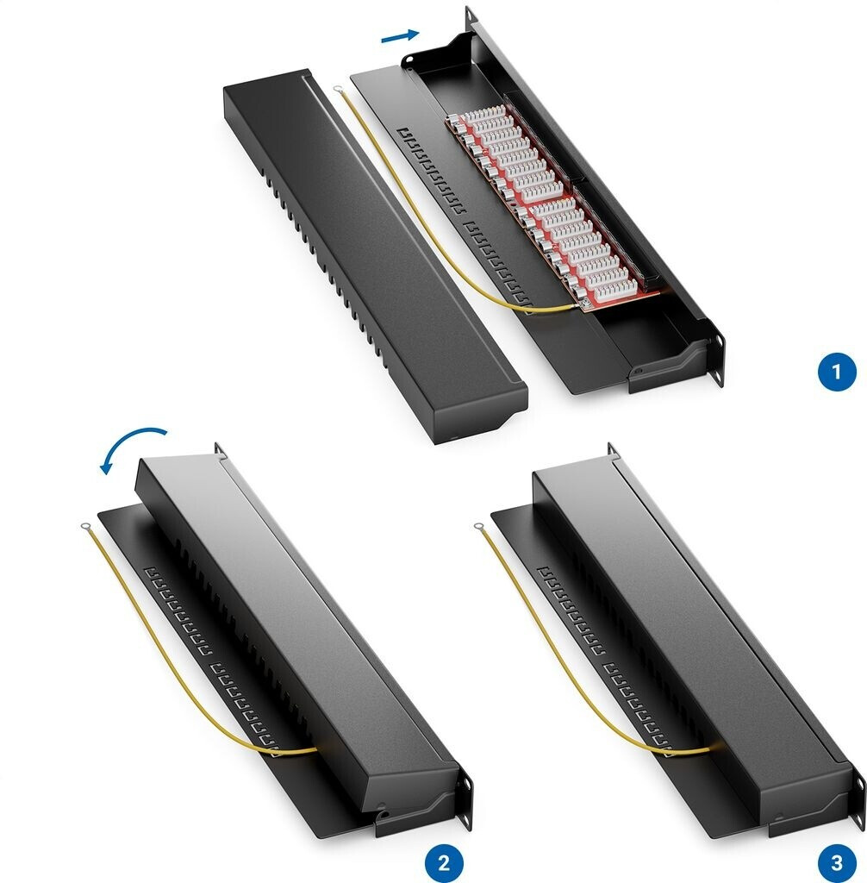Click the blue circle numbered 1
(836, 372)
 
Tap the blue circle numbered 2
(444, 862)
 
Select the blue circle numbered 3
(836, 862)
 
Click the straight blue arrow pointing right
(400, 35)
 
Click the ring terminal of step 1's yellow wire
(338, 89)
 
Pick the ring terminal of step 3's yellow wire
(479, 528)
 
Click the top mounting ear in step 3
(612, 450)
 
